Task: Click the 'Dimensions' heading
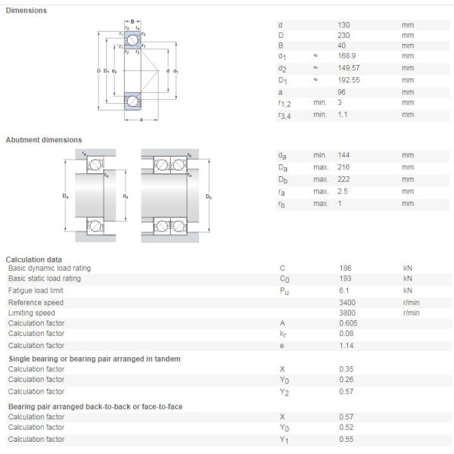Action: pyautogui.click(x=26, y=11)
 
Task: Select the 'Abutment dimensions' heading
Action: pyautogui.click(x=44, y=140)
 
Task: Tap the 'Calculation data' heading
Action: pyautogui.click(x=34, y=260)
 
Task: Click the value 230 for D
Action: pyautogui.click(x=344, y=35)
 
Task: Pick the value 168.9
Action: pyautogui.click(x=347, y=56)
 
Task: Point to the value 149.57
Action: pyautogui.click(x=348, y=68)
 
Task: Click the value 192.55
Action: pyautogui.click(x=348, y=80)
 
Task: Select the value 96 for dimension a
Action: pyautogui.click(x=341, y=92)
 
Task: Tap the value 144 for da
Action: pyautogui.click(x=344, y=155)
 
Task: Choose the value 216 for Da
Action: pyautogui.click(x=344, y=167)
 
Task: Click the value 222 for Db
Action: pyautogui.click(x=344, y=179)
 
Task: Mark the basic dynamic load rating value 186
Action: pyautogui.click(x=345, y=268)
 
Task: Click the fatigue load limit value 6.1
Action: pyautogui.click(x=344, y=291)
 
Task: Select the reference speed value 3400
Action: pyautogui.click(x=347, y=303)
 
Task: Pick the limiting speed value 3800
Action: pyautogui.click(x=347, y=313)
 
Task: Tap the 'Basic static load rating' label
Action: pyautogui.click(x=44, y=278)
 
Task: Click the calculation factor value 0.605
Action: pyautogui.click(x=348, y=323)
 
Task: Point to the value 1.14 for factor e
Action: pyautogui.click(x=345, y=346)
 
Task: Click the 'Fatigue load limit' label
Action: pyautogui.click(x=36, y=291)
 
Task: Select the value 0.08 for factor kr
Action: pyautogui.click(x=345, y=333)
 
